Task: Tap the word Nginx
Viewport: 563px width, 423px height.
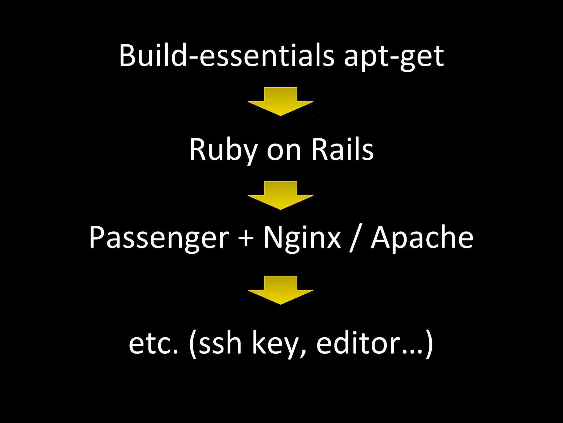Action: [x=302, y=238]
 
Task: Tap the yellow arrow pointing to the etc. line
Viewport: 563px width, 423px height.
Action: [x=280, y=290]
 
